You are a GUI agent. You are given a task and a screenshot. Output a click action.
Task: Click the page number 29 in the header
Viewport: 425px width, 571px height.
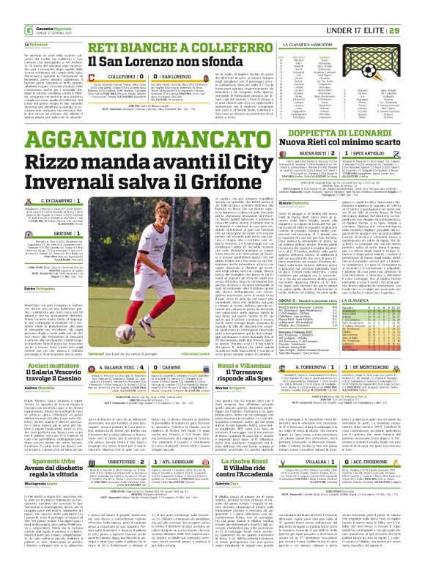pyautogui.click(x=414, y=10)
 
